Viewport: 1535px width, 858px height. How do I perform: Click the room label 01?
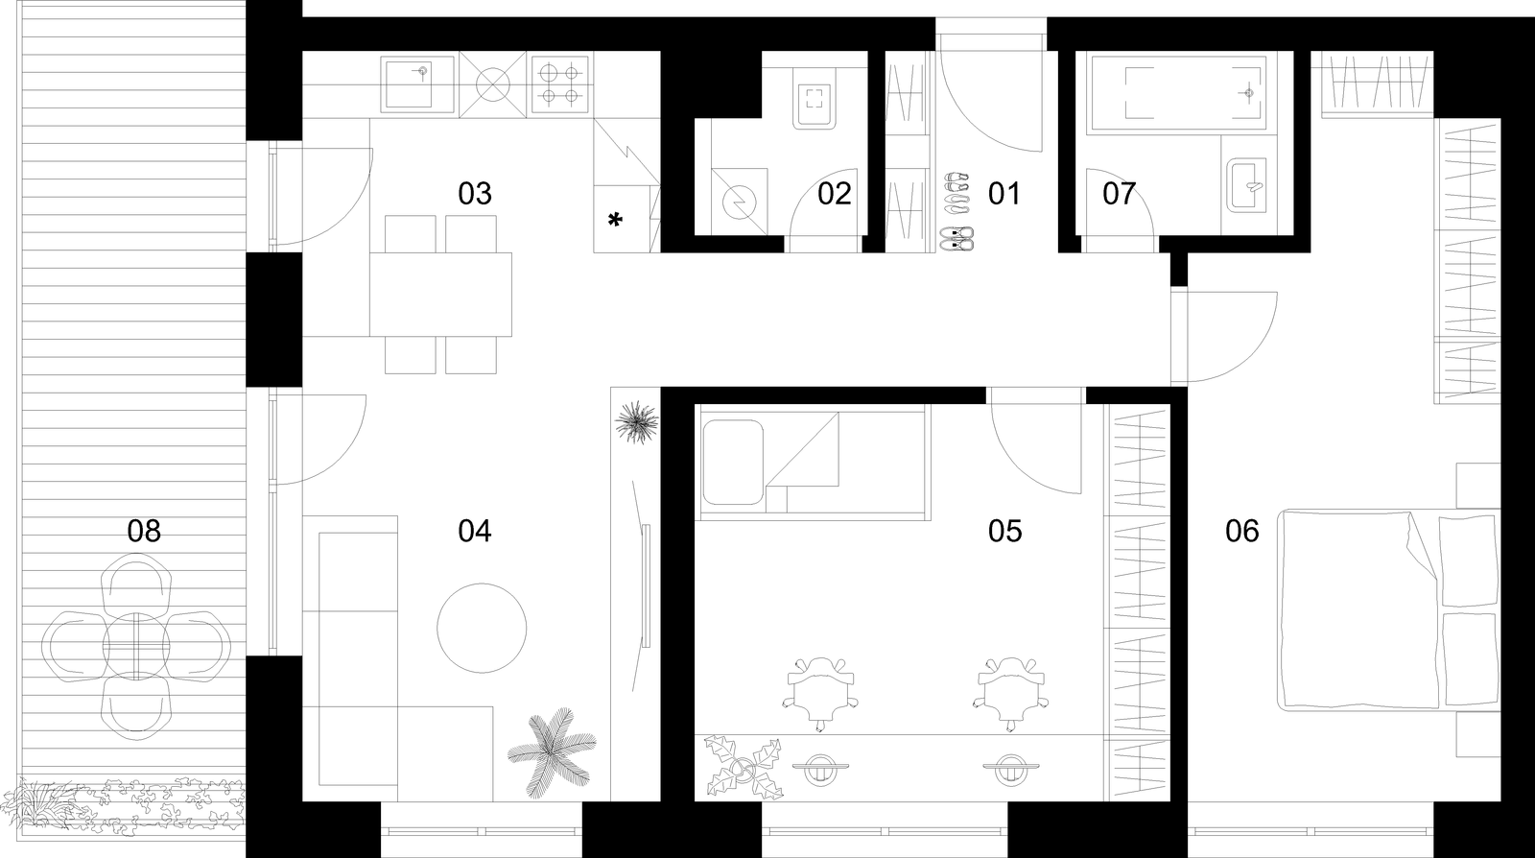(x=1004, y=194)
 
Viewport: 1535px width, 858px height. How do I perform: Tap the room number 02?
(x=834, y=194)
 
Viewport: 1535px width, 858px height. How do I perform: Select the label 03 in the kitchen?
(x=475, y=194)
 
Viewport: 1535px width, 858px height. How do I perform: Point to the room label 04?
(x=475, y=531)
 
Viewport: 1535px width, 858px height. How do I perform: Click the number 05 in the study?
(x=1004, y=531)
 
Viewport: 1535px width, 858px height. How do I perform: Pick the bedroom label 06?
(x=1242, y=531)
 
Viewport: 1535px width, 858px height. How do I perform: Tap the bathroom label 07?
(x=1119, y=194)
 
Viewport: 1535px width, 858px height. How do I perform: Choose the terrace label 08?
(x=144, y=531)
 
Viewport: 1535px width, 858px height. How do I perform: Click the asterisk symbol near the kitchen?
(x=615, y=221)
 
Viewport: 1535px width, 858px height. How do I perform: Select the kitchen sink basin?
(x=409, y=84)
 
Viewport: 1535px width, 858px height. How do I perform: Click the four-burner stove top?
(x=560, y=84)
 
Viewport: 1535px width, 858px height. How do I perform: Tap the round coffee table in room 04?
(x=482, y=628)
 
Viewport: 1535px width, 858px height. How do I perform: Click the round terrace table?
(x=136, y=645)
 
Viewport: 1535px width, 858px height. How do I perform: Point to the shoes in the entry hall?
(x=956, y=211)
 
